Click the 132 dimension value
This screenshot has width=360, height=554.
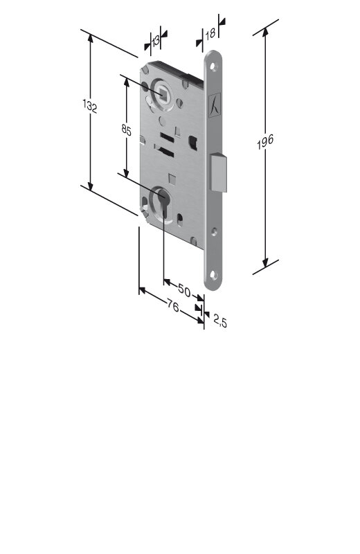[90, 106]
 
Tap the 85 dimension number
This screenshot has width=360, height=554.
[126, 129]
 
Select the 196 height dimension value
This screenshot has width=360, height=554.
[265, 142]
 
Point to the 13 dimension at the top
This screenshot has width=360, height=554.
[156, 41]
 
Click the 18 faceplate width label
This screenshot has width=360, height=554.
[210, 33]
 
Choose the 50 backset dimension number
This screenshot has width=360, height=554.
[184, 290]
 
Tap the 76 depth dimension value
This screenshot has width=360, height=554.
[172, 305]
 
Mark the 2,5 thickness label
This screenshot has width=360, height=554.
[219, 322]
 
